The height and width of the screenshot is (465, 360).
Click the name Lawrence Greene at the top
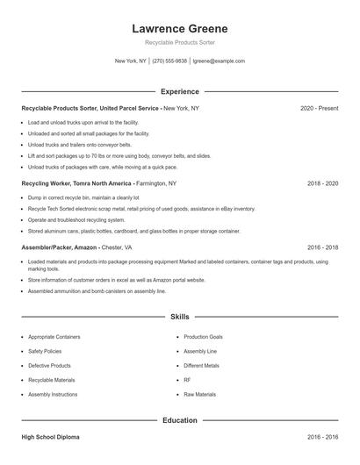(x=179, y=28)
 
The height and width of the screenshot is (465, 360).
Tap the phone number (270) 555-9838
(x=170, y=61)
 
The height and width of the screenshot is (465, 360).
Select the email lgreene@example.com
(x=219, y=61)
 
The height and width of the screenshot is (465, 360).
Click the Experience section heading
(x=179, y=91)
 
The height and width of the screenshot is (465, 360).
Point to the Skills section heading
(x=179, y=316)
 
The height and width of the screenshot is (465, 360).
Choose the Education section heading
(x=179, y=420)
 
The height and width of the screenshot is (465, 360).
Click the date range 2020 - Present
(x=319, y=108)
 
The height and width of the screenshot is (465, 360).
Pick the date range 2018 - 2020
(x=322, y=184)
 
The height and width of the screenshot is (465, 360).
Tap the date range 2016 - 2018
(x=322, y=249)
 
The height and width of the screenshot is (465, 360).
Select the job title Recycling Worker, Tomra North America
(x=76, y=184)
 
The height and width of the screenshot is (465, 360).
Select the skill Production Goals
(x=203, y=337)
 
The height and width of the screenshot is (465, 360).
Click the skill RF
(x=187, y=380)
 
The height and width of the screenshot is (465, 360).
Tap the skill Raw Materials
(x=200, y=395)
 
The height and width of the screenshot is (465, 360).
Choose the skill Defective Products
(x=49, y=366)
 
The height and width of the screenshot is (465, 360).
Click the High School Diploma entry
(x=54, y=437)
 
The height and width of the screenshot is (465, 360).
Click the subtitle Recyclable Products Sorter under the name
(x=179, y=42)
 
